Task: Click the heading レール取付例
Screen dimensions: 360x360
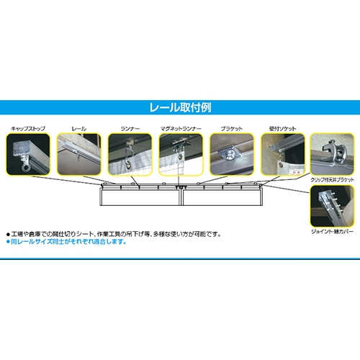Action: coord(180,107)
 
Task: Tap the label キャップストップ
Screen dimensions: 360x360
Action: coord(28,129)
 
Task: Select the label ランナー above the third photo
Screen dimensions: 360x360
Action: coord(130,129)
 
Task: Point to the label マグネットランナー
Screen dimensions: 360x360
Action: coord(181,129)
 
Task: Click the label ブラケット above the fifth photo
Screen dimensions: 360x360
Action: coord(232,129)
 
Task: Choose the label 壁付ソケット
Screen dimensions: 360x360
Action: coord(282,129)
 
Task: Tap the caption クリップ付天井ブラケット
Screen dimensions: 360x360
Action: coord(332,180)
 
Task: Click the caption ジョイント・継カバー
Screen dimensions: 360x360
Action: coord(332,232)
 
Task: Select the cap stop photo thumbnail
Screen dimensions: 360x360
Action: coord(28,154)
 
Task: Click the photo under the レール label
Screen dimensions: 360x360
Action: coord(79,154)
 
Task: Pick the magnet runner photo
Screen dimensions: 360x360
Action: coord(181,154)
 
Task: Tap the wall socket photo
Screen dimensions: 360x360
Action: coord(283,154)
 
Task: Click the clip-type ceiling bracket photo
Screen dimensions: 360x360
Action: coord(332,154)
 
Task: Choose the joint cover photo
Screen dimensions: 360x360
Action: coord(332,206)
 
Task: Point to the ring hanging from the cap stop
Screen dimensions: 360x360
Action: coord(26,167)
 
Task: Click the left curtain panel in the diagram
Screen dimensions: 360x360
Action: coord(140,197)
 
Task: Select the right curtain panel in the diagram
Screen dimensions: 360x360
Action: coord(222,197)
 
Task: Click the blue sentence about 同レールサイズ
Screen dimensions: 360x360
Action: coord(66,242)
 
